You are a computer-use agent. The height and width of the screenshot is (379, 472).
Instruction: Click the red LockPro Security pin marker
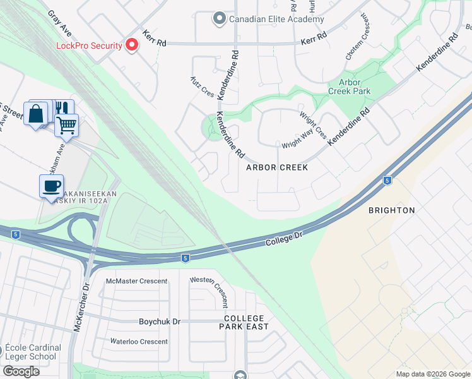131,45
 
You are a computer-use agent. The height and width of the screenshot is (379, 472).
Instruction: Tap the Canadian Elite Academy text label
276,19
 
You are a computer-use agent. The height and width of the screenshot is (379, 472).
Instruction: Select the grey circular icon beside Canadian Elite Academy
220,18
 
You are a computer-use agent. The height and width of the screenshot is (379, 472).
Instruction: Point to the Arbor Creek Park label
349,87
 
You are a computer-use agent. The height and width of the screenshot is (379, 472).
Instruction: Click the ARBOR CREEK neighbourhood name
277,167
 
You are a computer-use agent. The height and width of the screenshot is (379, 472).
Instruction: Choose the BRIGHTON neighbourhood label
391,210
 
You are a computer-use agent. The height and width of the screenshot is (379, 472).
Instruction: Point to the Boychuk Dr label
159,322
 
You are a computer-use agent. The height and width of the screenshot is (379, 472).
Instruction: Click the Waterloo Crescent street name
139,342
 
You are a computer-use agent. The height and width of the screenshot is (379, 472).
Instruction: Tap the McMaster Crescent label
137,281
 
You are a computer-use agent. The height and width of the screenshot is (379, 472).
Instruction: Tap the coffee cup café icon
51,186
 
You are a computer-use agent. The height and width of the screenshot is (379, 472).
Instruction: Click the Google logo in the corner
21,371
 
